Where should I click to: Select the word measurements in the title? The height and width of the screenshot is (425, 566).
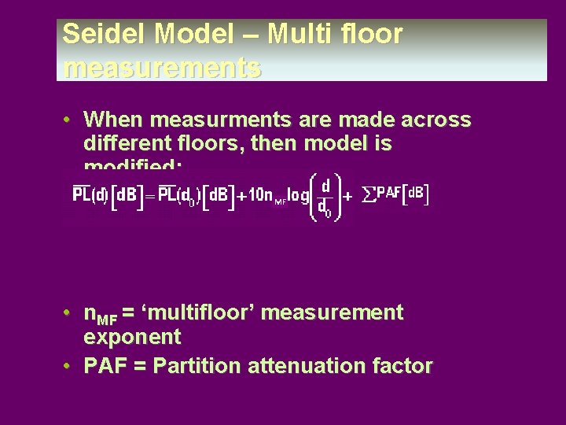point(162,68)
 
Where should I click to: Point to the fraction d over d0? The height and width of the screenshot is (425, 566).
point(324,197)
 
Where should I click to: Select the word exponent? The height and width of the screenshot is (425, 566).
point(132,338)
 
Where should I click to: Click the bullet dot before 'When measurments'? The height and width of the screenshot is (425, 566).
point(70,120)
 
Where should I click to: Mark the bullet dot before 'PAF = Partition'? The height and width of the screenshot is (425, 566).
point(70,366)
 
